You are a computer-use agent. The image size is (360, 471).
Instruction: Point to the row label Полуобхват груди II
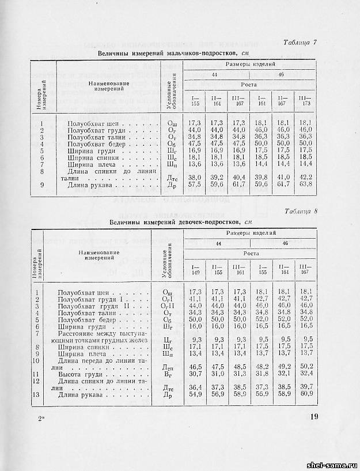100,306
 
